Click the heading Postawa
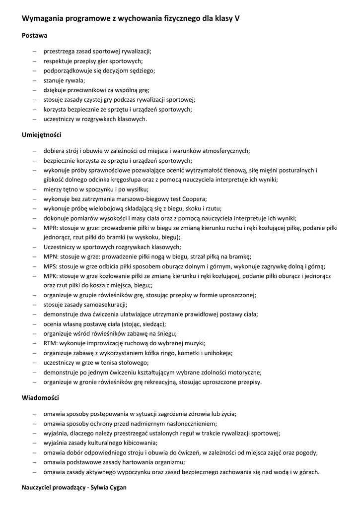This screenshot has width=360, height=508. [35, 36]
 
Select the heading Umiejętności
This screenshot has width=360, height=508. [42, 135]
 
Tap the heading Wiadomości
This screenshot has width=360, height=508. [40, 398]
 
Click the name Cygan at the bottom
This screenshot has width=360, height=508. [117, 488]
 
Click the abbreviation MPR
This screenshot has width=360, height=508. [51, 228]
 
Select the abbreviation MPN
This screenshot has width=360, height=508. [51, 256]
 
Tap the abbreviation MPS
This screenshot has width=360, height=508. [50, 266]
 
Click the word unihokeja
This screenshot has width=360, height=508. [218, 353]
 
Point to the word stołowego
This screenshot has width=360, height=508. [134, 363]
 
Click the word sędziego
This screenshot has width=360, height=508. [141, 71]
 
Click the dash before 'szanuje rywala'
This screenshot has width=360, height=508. [34, 81]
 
